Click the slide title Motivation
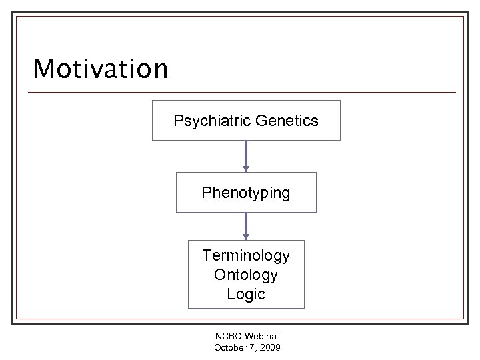(x=101, y=69)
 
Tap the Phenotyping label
(x=246, y=193)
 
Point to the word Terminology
(x=246, y=255)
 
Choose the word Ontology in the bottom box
(x=246, y=275)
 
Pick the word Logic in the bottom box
(x=246, y=294)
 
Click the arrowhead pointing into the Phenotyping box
(x=246, y=169)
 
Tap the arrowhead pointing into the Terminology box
(x=246, y=237)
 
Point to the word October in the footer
(x=230, y=348)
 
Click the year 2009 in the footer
(x=270, y=348)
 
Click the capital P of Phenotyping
(x=206, y=193)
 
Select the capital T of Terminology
(x=207, y=255)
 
